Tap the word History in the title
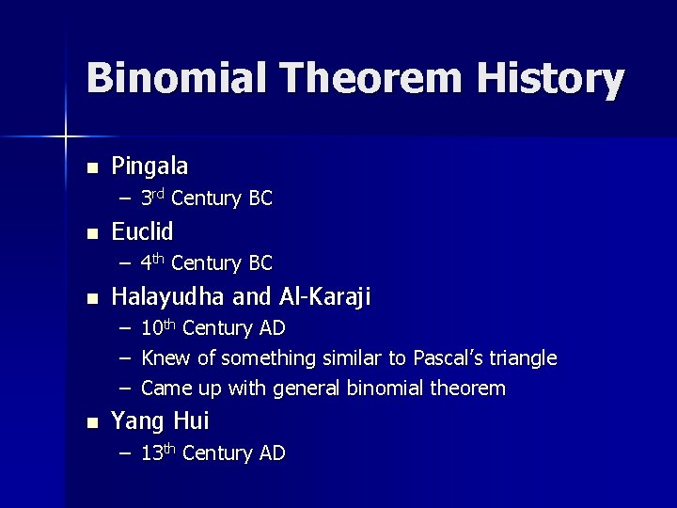[550, 79]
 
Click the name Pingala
[150, 167]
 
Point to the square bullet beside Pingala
[91, 168]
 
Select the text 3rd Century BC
[206, 198]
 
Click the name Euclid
[142, 231]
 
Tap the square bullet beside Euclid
[91, 233]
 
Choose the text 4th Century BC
[206, 262]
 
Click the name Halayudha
[168, 297]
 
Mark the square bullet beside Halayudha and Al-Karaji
[91, 299]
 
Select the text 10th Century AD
[213, 328]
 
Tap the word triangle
[521, 358]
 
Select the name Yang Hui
[160, 421]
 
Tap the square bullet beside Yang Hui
[91, 422]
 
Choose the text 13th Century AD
[213, 453]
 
